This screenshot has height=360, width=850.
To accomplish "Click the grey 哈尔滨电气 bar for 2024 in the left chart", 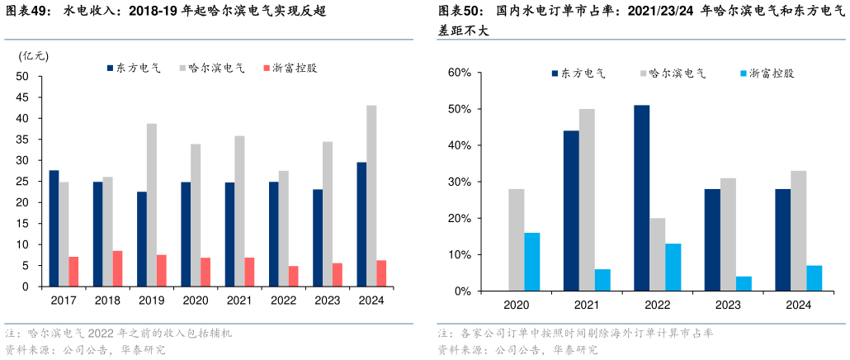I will [371, 197].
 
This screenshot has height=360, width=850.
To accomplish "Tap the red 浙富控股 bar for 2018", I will [117, 268].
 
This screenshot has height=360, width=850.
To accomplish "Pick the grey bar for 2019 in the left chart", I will [152, 206].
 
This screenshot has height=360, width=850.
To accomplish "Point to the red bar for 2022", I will [293, 277].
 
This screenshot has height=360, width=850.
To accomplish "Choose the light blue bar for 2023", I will [744, 283].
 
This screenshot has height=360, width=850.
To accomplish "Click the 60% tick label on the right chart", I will [459, 73].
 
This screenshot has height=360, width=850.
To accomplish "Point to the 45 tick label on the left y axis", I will [22, 97].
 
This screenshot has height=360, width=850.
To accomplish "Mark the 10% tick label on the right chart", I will [459, 255].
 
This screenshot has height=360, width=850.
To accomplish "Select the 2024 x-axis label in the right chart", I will [799, 306].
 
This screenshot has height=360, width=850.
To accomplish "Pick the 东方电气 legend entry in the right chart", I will [578, 73].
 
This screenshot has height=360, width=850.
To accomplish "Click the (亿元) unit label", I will [34, 56].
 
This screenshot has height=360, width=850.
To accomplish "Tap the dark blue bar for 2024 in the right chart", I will [782, 240].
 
